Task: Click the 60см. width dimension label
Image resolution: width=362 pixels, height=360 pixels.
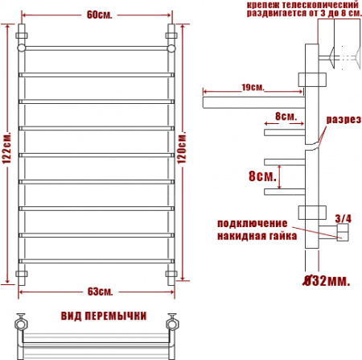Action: (94, 14)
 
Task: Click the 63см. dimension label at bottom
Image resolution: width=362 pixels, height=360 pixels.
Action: (96, 290)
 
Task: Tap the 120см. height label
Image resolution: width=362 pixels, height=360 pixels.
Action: (183, 151)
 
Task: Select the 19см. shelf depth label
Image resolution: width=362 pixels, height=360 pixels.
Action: (252, 87)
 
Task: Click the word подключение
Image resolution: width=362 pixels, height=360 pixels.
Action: (250, 223)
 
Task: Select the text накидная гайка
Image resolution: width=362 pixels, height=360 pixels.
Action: (257, 236)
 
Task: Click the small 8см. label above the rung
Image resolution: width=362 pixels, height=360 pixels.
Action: (284, 116)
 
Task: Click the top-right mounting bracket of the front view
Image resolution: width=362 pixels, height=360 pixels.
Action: (171, 37)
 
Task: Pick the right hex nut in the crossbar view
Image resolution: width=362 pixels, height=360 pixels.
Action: (171, 325)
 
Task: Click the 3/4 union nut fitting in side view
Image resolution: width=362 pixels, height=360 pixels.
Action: (341, 234)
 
